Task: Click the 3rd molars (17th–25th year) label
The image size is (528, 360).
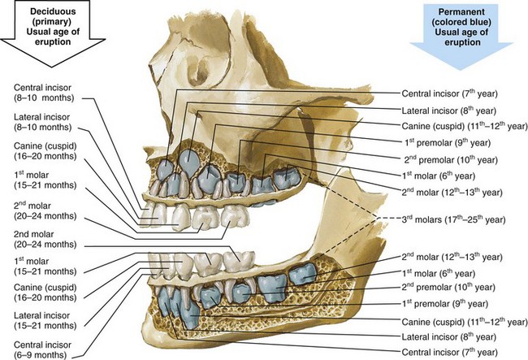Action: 453,219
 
